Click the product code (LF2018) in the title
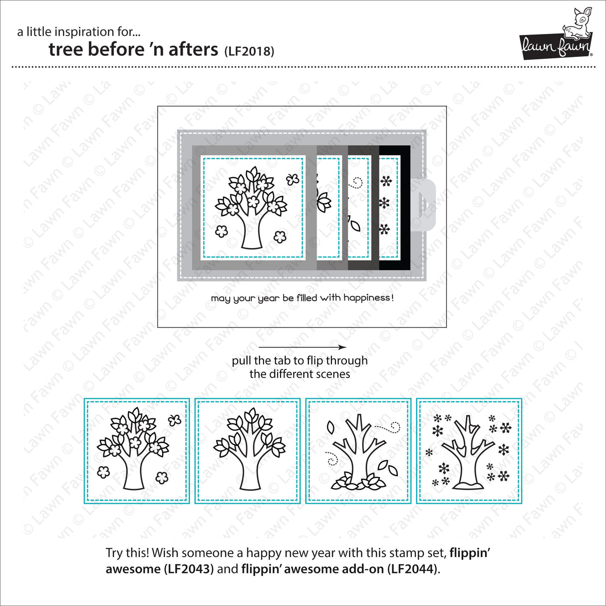click(249, 51)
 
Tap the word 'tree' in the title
click(66, 49)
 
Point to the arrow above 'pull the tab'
click(303, 347)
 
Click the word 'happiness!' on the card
click(369, 298)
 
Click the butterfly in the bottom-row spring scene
click(174, 420)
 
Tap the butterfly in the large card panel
click(293, 179)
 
